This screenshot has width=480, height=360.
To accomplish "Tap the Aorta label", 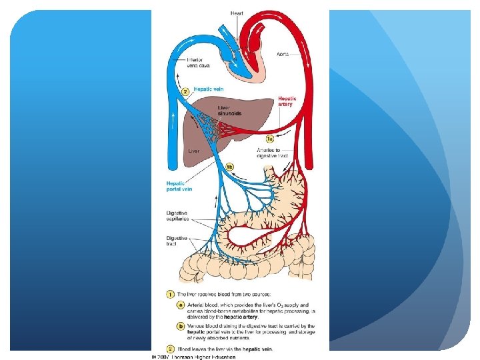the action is [282, 53].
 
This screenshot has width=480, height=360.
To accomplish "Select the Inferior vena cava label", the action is [181, 63].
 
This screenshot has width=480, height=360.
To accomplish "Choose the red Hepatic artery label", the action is [288, 101].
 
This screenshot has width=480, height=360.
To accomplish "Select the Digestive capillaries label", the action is [177, 216].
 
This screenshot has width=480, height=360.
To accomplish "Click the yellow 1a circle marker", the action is [269, 139].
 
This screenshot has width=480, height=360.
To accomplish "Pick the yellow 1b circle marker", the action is [229, 167].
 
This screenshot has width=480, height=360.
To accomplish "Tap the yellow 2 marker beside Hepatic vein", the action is [186, 92].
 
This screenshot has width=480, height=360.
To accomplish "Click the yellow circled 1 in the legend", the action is [171, 294].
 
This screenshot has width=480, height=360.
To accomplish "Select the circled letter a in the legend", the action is [181, 305].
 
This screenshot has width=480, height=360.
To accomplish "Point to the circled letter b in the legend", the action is [181, 326].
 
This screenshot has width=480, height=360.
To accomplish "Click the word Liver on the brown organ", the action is [193, 151].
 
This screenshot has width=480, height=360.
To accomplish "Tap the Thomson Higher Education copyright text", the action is [193, 357].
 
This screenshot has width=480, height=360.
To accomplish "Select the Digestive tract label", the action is [175, 240].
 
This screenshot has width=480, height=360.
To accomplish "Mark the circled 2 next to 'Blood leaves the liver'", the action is [171, 348].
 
